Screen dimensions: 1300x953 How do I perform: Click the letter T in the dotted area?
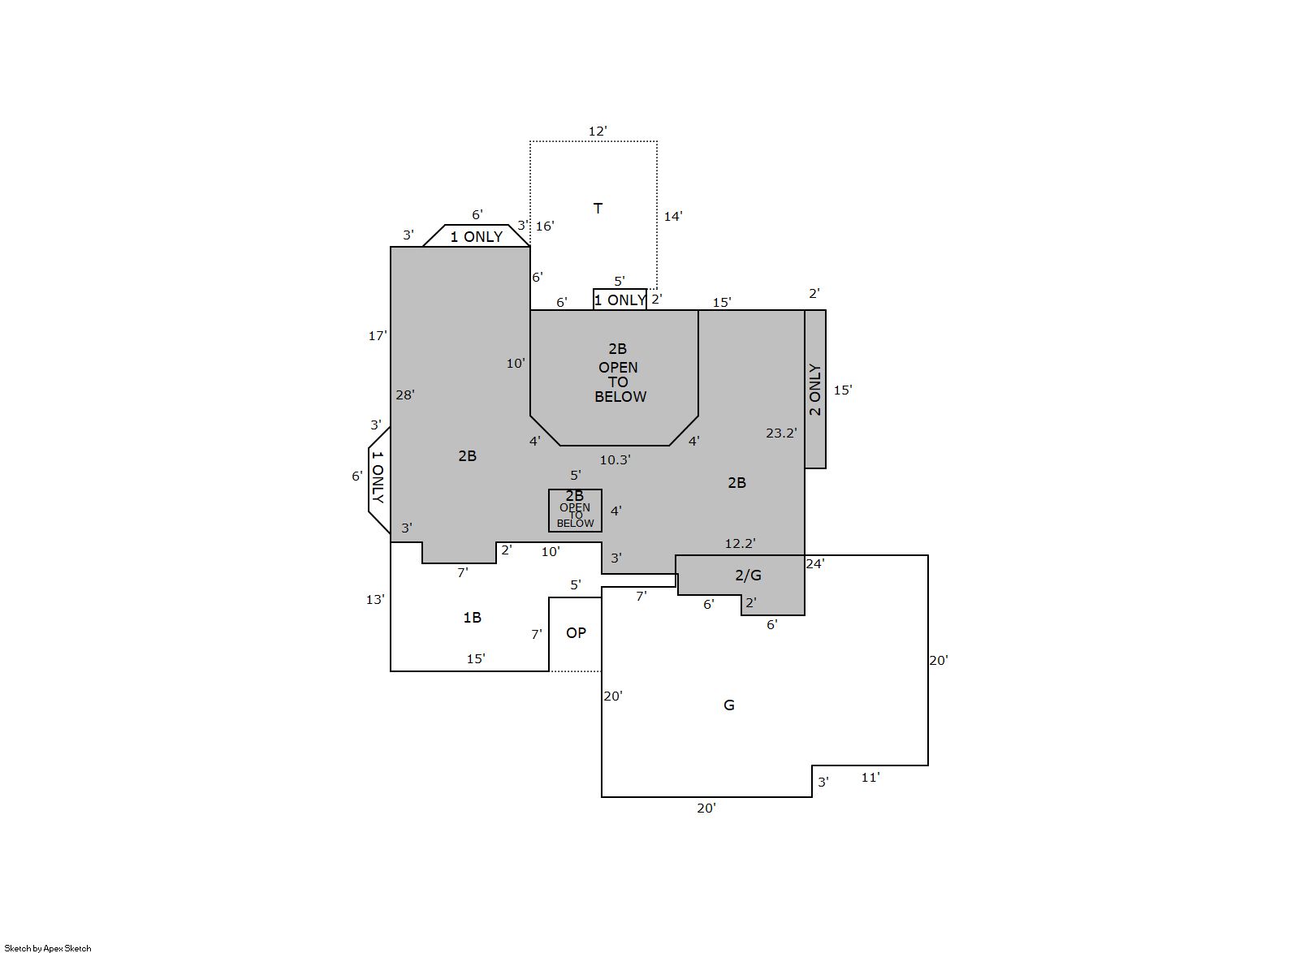point(598,209)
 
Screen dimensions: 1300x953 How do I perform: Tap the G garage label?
point(729,705)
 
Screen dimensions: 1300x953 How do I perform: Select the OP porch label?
point(576,633)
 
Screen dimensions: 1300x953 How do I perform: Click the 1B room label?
point(472,618)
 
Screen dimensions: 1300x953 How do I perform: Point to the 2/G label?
point(748,575)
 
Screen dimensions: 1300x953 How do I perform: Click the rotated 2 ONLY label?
point(815,390)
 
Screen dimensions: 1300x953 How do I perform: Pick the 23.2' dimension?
point(781,433)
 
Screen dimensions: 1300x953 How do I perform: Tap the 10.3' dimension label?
point(615,460)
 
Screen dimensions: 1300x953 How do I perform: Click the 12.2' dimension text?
point(740,544)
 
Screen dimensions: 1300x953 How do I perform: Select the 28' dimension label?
point(405,395)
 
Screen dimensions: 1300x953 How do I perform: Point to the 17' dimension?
point(378,336)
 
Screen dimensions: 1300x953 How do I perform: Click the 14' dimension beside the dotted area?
point(673,217)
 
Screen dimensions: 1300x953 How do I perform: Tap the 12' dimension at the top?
point(598,131)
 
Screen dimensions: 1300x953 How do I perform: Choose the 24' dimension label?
point(814,563)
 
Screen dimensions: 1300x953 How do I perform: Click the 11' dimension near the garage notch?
point(870,777)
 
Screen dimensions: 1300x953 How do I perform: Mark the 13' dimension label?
point(375,599)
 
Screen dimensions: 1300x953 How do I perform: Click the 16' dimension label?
point(545,226)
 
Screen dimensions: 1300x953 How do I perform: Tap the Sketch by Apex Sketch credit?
point(48,948)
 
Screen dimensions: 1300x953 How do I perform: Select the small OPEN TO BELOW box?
point(575,511)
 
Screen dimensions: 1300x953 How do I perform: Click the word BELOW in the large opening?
point(620,397)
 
